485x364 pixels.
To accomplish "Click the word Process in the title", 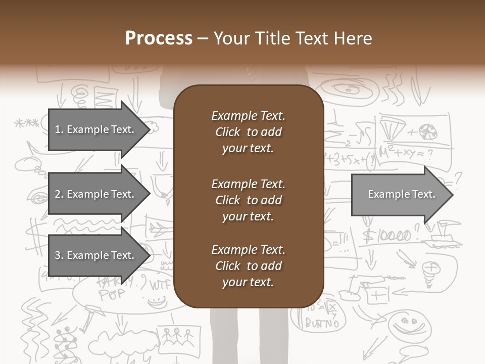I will pyautogui.click(x=159, y=38).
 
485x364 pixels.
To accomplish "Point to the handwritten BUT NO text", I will pyautogui.click(x=322, y=323).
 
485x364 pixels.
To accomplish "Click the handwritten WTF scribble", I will pyautogui.click(x=161, y=284).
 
